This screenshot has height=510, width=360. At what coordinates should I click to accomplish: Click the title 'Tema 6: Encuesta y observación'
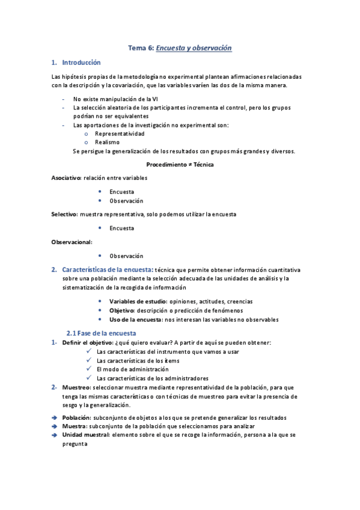(x=180, y=48)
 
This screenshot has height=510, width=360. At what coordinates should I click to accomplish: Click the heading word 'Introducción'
(x=81, y=63)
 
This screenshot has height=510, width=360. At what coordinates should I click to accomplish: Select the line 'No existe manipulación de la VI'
(x=115, y=99)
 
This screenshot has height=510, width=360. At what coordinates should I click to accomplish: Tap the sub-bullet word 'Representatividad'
(x=120, y=134)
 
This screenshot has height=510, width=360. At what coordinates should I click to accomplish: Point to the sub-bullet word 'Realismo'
(x=107, y=143)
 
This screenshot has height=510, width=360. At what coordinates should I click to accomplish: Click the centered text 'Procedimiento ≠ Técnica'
(x=180, y=164)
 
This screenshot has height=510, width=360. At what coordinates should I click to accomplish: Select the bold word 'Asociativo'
(x=66, y=178)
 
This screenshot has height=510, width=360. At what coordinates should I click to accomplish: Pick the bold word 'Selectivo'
(x=64, y=214)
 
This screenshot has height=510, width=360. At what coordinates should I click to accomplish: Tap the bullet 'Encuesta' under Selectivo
(x=121, y=229)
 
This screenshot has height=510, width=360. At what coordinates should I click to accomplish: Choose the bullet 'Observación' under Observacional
(x=126, y=256)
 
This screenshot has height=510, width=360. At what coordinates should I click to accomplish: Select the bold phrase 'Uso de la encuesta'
(x=135, y=319)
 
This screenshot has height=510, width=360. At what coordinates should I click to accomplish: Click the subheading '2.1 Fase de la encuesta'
(x=101, y=333)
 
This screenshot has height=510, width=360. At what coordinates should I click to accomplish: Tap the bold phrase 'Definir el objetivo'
(x=87, y=342)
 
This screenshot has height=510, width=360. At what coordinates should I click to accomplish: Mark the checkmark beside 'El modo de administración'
(x=89, y=369)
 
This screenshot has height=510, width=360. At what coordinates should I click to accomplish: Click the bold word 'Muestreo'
(x=76, y=387)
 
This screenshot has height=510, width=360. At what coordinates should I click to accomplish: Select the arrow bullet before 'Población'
(x=55, y=417)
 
